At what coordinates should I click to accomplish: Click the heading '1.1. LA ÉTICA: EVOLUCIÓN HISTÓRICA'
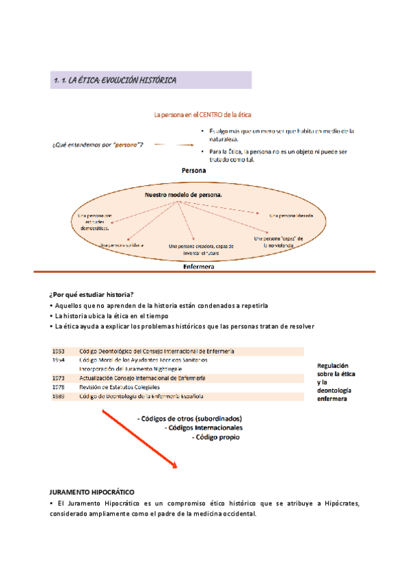point(115,81)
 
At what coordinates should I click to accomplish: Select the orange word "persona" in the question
point(125,145)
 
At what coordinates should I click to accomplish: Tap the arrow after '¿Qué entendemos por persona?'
point(174,145)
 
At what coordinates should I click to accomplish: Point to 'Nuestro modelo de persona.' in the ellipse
point(183,195)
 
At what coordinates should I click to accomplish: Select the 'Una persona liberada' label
point(291,215)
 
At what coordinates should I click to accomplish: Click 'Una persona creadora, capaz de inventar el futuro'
point(201,249)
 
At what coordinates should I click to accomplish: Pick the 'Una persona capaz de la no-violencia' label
point(278,241)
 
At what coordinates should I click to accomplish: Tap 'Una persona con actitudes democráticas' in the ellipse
point(89,222)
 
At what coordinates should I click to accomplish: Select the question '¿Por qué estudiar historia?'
point(91,294)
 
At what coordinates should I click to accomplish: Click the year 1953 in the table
point(58,351)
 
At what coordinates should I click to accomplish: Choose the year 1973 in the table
point(58,378)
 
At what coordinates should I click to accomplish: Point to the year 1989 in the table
point(58,396)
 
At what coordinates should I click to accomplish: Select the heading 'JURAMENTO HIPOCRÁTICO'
point(92,492)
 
